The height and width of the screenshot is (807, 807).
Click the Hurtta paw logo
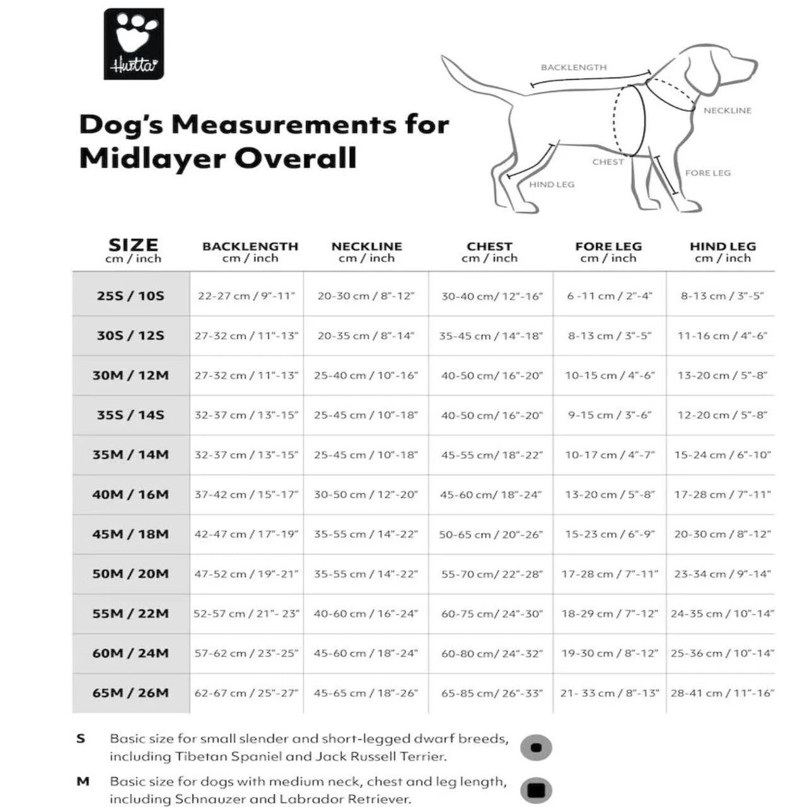[134, 44]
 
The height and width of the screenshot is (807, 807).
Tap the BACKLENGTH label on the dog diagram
[574, 67]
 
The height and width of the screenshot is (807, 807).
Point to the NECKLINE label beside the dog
[728, 110]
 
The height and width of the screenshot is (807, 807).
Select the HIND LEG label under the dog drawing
[552, 185]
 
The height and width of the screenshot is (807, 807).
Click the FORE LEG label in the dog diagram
[708, 173]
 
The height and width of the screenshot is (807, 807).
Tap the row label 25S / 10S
[131, 296]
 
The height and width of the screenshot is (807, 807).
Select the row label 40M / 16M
[131, 494]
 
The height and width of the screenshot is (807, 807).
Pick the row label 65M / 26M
[131, 693]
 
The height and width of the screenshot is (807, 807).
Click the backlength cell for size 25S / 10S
[247, 296]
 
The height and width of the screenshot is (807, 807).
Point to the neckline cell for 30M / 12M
[366, 375]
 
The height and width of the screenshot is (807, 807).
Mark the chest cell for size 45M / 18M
[491, 534]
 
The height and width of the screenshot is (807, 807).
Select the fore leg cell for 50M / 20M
[610, 574]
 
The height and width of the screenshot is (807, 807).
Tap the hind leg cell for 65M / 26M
[723, 693]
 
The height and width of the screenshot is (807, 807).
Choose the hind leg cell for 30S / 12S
[723, 335]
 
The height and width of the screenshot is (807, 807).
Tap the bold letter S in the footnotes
[81, 738]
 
